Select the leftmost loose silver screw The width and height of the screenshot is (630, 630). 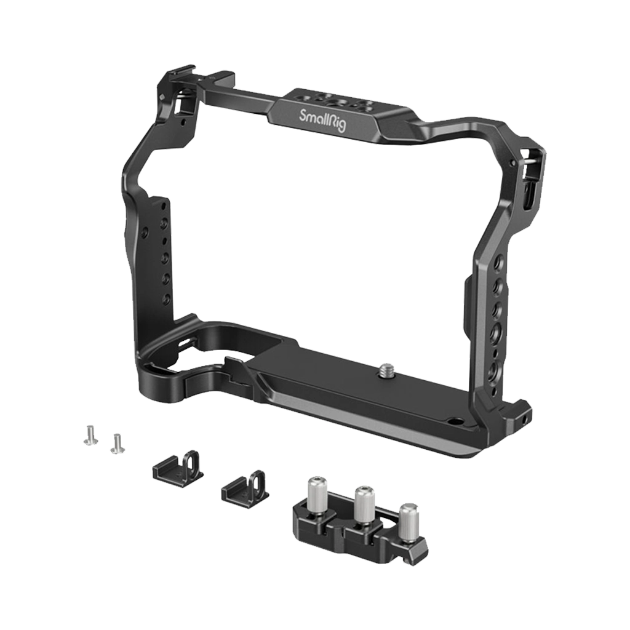point(89,437)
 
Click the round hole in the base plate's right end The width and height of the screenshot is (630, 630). point(456,422)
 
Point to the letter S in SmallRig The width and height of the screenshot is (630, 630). point(303,114)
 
